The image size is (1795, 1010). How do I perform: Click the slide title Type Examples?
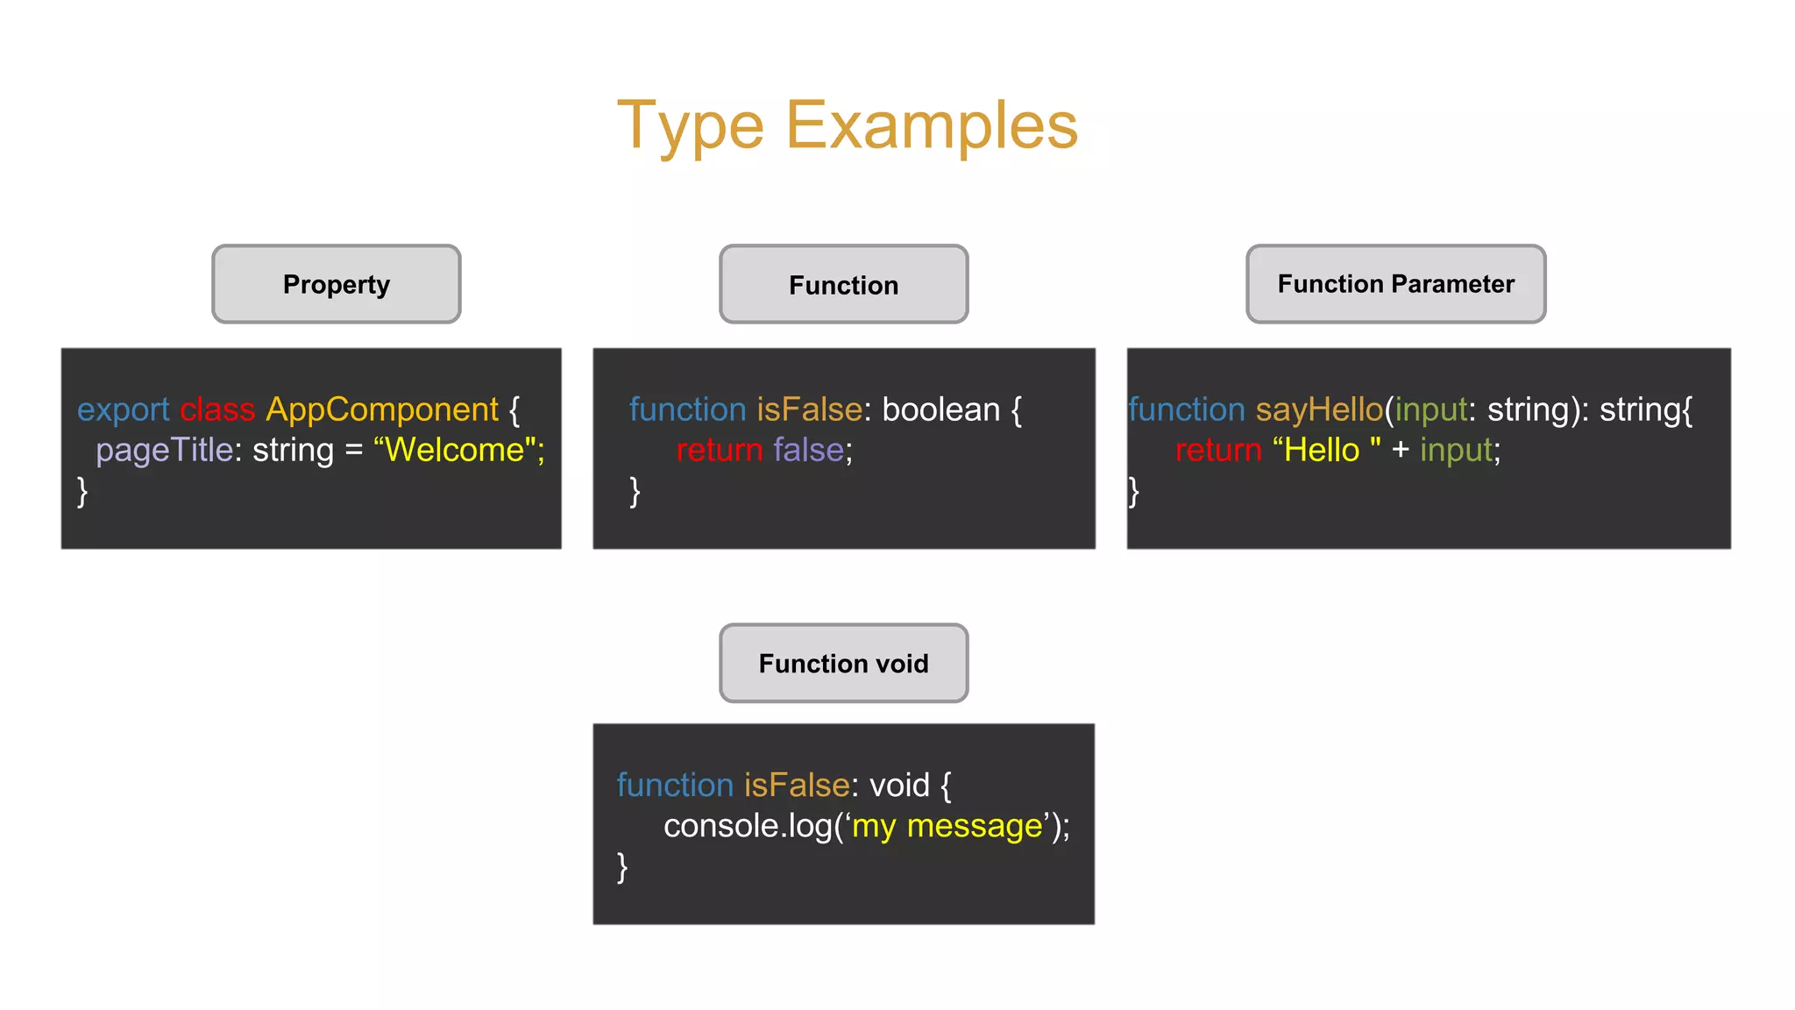point(847,125)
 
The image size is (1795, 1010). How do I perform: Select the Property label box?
point(336,284)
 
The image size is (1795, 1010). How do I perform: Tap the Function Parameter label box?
point(1395,284)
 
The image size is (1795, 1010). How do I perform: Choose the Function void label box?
point(843,664)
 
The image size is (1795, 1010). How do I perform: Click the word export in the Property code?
point(123,409)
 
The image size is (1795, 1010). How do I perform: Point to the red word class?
point(217,409)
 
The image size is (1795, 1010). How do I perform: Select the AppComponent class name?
point(382,409)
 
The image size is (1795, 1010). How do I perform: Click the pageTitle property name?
point(164,450)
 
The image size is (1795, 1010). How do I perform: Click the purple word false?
point(808,450)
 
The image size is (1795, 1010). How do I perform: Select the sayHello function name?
point(1319,409)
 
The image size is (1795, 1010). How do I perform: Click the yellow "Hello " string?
point(1325,450)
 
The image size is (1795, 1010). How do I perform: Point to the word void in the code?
point(899,785)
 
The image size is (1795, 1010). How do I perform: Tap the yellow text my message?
point(947,826)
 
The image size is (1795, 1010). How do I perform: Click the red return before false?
point(720,450)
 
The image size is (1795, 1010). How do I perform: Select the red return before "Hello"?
point(1218,450)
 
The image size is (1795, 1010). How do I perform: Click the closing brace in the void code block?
point(622,866)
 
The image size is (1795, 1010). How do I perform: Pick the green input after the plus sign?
point(1456,450)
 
